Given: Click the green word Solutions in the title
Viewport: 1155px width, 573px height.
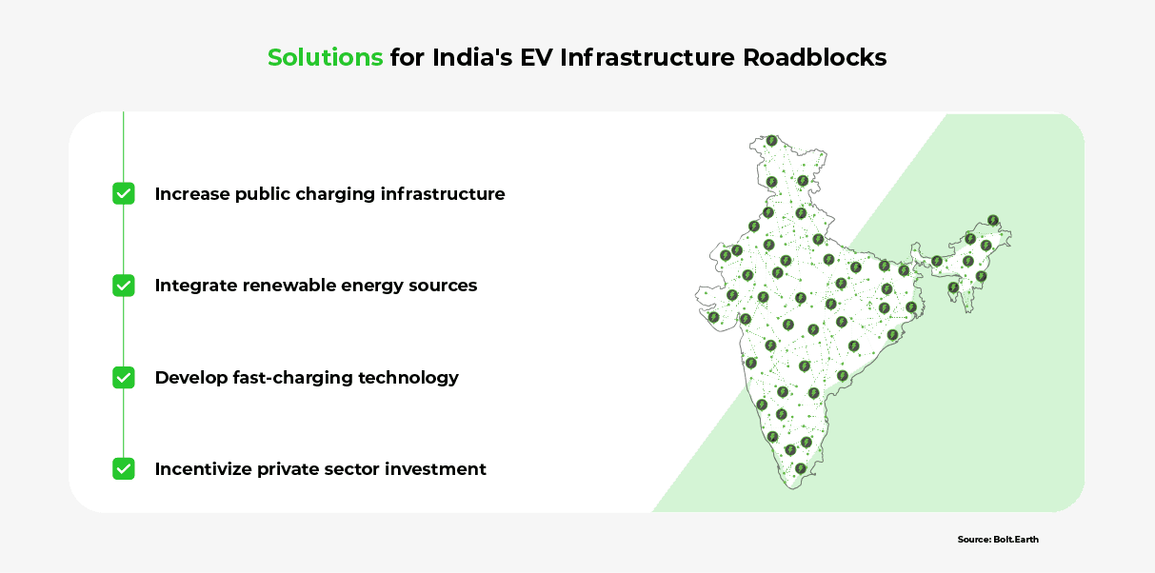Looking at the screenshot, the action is tap(326, 57).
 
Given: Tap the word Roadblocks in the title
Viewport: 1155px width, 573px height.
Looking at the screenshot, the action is tap(815, 57).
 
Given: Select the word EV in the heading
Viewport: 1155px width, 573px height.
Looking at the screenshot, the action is tap(536, 57).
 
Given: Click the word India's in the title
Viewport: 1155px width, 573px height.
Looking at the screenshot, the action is tap(472, 57).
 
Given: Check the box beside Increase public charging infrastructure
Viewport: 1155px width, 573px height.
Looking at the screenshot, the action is tap(124, 194).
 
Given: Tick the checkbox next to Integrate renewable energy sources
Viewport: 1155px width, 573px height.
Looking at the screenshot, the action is tap(124, 286).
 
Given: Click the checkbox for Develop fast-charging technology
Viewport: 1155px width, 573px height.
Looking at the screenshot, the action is tap(124, 377).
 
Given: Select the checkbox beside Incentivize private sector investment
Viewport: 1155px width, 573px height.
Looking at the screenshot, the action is tap(124, 469).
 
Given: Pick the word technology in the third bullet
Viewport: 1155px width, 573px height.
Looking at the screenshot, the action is tap(408, 378).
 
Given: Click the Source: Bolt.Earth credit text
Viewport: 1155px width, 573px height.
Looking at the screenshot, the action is tap(998, 540).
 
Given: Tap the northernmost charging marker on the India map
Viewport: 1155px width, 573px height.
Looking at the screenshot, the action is tap(771, 141).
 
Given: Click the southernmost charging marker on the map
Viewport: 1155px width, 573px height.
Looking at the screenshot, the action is tap(800, 468).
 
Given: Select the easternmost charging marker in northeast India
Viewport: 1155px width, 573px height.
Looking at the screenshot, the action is tap(993, 221).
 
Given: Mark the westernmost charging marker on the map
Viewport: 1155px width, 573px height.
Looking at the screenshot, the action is tap(713, 317).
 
